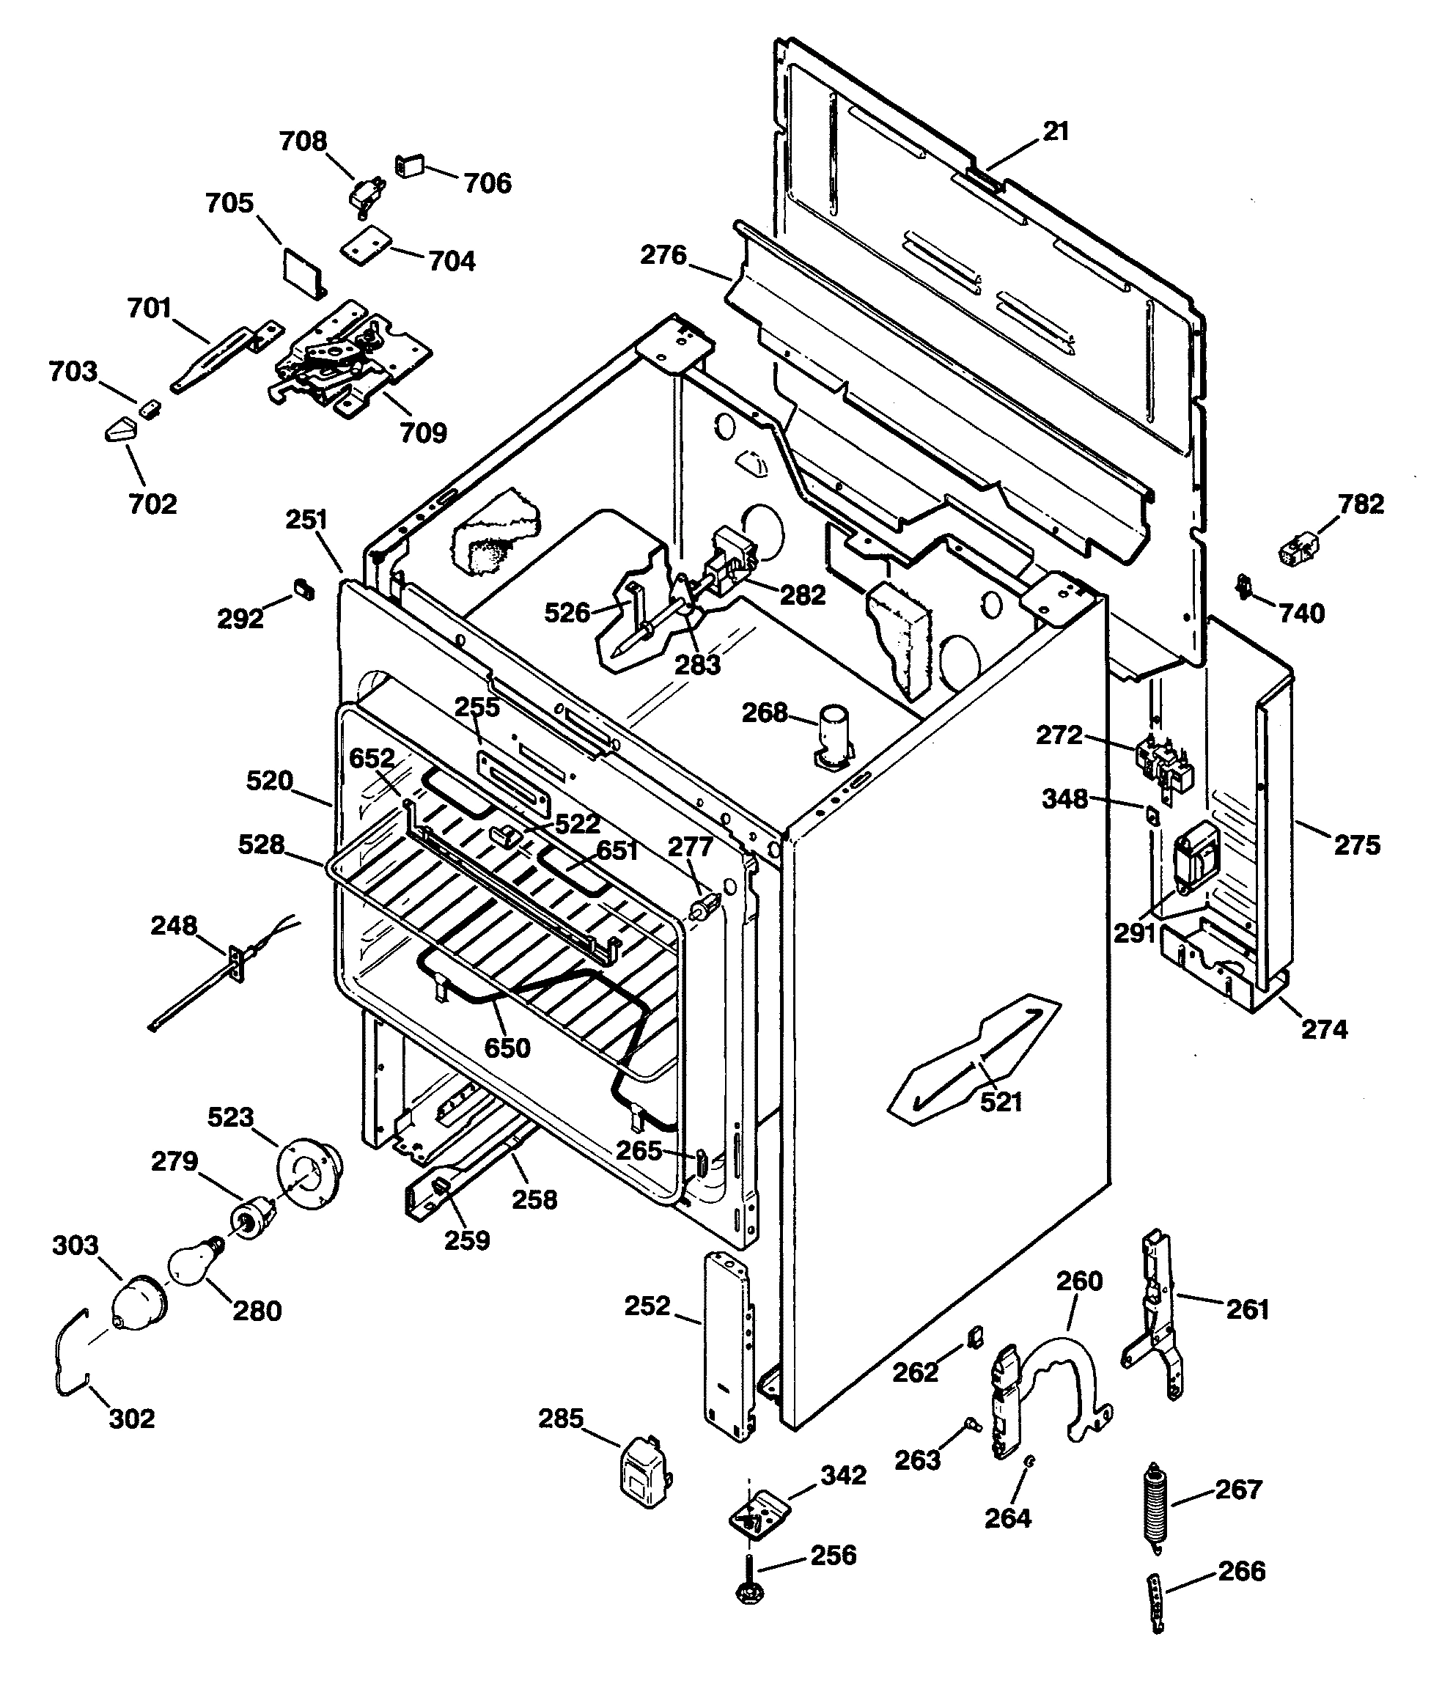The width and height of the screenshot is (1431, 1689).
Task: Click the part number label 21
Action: (1056, 131)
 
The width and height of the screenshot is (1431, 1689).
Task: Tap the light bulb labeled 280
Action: (192, 1265)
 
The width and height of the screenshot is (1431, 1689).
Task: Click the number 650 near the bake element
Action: (507, 1048)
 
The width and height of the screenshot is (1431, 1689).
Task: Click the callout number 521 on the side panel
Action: (1001, 1102)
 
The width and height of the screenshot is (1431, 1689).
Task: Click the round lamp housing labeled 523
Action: (308, 1178)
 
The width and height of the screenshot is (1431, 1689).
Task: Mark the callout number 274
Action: (1324, 1029)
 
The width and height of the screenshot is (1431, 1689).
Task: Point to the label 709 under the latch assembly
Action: (424, 433)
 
